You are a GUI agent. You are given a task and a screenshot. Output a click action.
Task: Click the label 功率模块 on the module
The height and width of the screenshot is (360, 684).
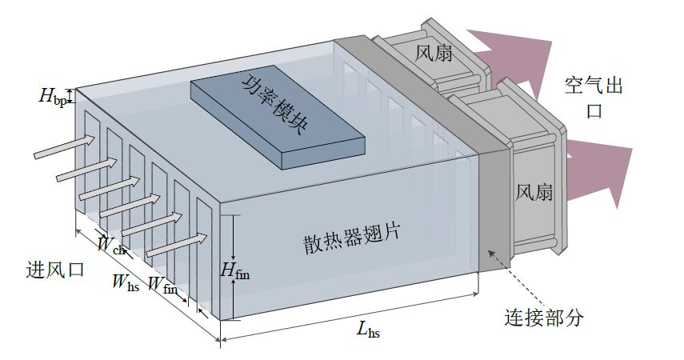[275, 105]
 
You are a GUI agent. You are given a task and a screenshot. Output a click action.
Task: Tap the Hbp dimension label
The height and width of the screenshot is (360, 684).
[53, 97]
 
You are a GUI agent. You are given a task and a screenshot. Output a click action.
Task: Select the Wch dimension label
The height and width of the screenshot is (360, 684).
[111, 245]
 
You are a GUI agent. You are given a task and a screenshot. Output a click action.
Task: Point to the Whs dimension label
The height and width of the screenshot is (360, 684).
[126, 282]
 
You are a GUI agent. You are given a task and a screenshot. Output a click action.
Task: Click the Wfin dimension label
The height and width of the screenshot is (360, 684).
[162, 285]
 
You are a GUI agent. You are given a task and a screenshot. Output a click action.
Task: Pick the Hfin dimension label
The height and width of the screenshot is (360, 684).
[234, 270]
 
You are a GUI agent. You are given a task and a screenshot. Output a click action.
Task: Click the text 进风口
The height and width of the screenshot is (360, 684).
[55, 270]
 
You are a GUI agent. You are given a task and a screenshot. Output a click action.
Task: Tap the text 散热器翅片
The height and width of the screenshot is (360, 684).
[351, 238]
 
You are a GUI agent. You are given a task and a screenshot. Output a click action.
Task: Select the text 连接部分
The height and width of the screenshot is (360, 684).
[544, 318]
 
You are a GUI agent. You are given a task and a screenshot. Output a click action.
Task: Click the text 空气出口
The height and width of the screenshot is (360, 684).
[594, 98]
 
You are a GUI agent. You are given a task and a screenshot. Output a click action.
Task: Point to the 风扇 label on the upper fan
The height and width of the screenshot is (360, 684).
[433, 54]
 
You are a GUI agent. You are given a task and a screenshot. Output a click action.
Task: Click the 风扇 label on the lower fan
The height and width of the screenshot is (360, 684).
[534, 192]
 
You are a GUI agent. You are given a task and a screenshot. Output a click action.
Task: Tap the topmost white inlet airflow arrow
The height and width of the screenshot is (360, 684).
[65, 146]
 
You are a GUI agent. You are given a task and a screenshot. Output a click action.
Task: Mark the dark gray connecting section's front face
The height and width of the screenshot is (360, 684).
[494, 210]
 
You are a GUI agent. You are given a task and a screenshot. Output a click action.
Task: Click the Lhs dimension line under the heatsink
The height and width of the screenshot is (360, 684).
[350, 316]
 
